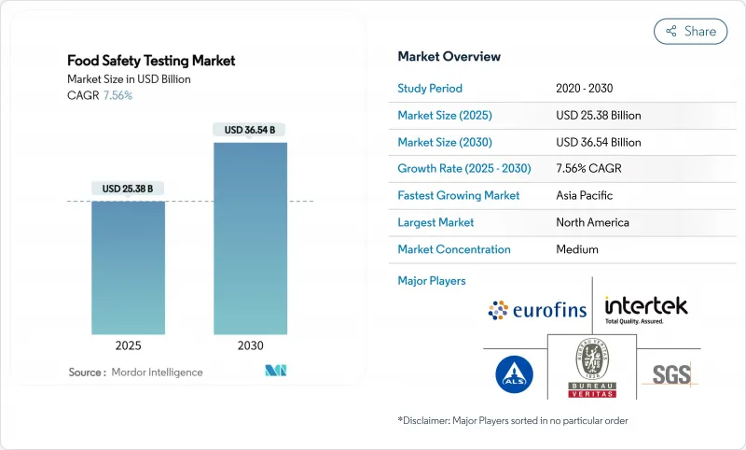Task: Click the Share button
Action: (691, 31)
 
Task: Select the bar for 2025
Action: (128, 268)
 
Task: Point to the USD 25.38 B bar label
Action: (128, 189)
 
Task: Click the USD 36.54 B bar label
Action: (250, 130)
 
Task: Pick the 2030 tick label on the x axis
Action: (250, 345)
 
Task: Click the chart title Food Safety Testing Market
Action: (151, 61)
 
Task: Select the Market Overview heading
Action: (449, 56)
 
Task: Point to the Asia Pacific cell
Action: (586, 196)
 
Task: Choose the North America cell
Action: (592, 222)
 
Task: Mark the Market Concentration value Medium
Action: (577, 249)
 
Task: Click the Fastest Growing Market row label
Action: (459, 196)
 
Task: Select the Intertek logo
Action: (645, 307)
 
